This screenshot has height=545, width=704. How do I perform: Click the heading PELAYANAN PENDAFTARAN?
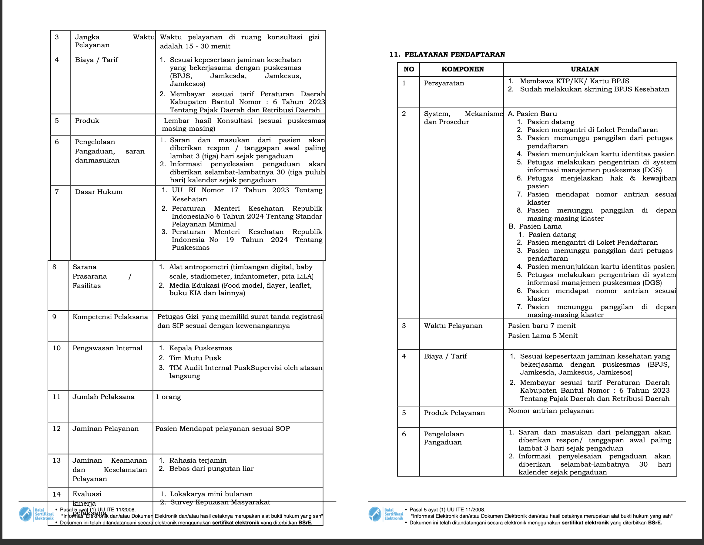(x=454, y=54)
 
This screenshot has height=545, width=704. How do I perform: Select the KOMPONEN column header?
(x=463, y=69)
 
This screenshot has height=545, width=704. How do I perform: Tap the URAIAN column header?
(x=585, y=69)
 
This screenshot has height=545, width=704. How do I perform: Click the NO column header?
(x=409, y=69)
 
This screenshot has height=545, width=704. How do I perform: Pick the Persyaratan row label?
(x=444, y=83)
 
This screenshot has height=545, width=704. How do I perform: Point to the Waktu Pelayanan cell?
(x=453, y=326)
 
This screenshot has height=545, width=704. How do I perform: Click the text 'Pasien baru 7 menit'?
(x=541, y=326)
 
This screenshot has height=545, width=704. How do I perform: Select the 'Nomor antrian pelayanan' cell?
(x=551, y=411)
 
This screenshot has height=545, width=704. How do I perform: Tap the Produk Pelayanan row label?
(x=454, y=413)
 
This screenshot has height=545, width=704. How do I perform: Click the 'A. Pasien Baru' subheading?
(x=532, y=114)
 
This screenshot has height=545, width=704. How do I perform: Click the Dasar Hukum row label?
(x=99, y=192)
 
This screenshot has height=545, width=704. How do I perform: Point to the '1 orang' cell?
(x=168, y=397)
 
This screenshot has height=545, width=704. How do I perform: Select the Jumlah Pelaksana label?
(x=103, y=397)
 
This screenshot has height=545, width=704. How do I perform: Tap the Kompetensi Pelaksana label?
(x=110, y=317)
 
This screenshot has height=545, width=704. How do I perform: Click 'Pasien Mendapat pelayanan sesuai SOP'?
(x=223, y=429)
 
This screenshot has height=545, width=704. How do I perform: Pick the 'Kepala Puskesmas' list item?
(x=200, y=348)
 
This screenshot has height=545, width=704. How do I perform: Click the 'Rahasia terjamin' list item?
(x=198, y=460)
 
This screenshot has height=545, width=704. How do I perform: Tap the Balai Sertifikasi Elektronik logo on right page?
(x=386, y=514)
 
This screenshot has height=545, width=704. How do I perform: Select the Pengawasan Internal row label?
(x=107, y=348)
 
